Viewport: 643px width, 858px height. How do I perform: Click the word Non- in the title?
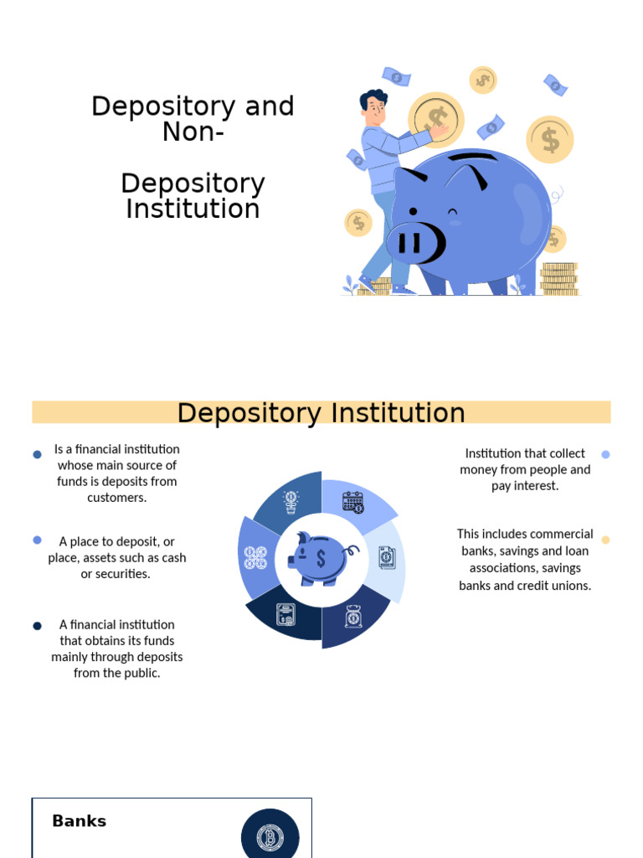click(x=193, y=132)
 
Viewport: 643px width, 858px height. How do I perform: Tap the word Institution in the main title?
click(x=193, y=209)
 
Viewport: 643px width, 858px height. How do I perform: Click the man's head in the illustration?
click(x=374, y=106)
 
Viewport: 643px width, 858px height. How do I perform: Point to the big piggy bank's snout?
click(x=415, y=243)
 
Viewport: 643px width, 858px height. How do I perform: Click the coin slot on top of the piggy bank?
click(x=472, y=159)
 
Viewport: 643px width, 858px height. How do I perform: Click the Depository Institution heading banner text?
click(x=321, y=413)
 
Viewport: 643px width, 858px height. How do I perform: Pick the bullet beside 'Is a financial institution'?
click(x=37, y=454)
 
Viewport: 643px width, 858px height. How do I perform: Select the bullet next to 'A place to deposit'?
click(x=37, y=540)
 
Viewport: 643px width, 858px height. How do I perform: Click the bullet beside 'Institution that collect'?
click(x=605, y=454)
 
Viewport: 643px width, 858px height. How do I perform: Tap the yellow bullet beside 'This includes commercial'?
click(x=605, y=540)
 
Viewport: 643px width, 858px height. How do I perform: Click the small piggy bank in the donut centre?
click(x=321, y=557)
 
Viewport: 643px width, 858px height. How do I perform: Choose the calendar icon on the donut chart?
click(x=353, y=502)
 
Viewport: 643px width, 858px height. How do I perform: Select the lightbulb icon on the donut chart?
click(x=291, y=502)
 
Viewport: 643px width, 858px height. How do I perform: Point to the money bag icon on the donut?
click(x=353, y=617)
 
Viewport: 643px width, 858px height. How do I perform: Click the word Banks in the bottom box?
click(x=79, y=821)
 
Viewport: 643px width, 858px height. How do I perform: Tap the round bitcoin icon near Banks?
click(x=270, y=836)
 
